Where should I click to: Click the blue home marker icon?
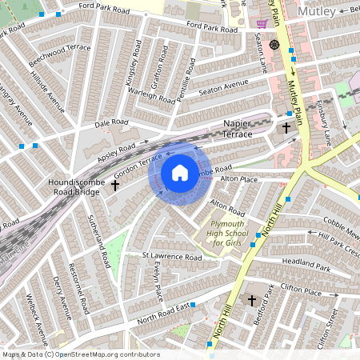coord(180,173)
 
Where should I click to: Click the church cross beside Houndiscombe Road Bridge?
coord(114,186)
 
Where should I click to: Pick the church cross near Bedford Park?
coord(252,301)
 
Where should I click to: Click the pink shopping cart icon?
coord(262,23)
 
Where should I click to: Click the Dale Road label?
coord(111,123)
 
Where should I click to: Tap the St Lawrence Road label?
coord(171,258)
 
